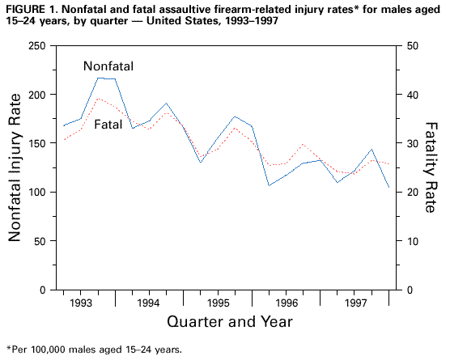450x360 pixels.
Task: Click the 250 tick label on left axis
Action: click(36, 45)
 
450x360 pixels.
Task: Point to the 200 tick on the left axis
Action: click(36, 95)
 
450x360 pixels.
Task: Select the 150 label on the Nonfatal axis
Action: click(36, 143)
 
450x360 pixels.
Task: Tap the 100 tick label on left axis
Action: click(36, 193)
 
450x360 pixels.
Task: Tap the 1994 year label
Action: click(148, 303)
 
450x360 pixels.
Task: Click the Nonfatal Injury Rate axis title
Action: click(15, 167)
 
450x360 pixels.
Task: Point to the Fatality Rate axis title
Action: click(432, 167)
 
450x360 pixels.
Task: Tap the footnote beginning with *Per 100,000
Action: click(94, 350)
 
